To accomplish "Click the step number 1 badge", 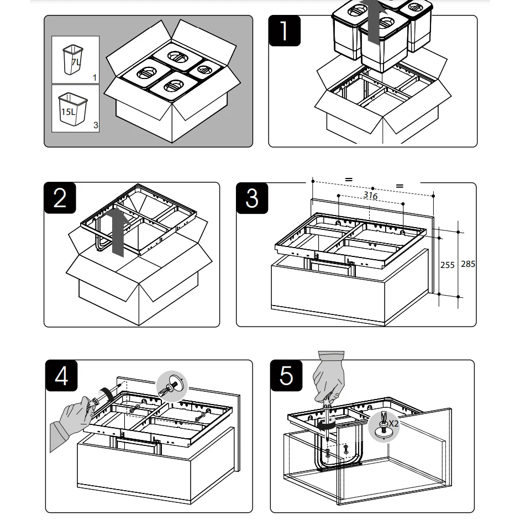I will pos(285,30).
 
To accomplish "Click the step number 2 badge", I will pos(60,197).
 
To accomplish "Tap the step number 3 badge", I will pos(252,197).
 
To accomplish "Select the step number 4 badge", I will pos(61,376).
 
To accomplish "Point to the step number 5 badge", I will pos(286,376).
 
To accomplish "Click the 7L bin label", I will pos(76,62).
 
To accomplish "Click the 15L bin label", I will pos(67,112).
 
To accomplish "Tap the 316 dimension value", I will pos(370,196).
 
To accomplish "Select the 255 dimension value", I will pos(447,265).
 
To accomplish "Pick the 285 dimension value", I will pos(468,264).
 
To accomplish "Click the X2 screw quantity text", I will pos(393,423).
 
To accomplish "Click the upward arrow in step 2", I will pos(117,232).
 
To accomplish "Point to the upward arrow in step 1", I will pos(374,22).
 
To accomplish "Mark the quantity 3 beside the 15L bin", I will pos(96,125).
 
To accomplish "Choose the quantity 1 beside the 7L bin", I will pos(94,77).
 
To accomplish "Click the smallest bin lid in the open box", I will pos(205,69).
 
